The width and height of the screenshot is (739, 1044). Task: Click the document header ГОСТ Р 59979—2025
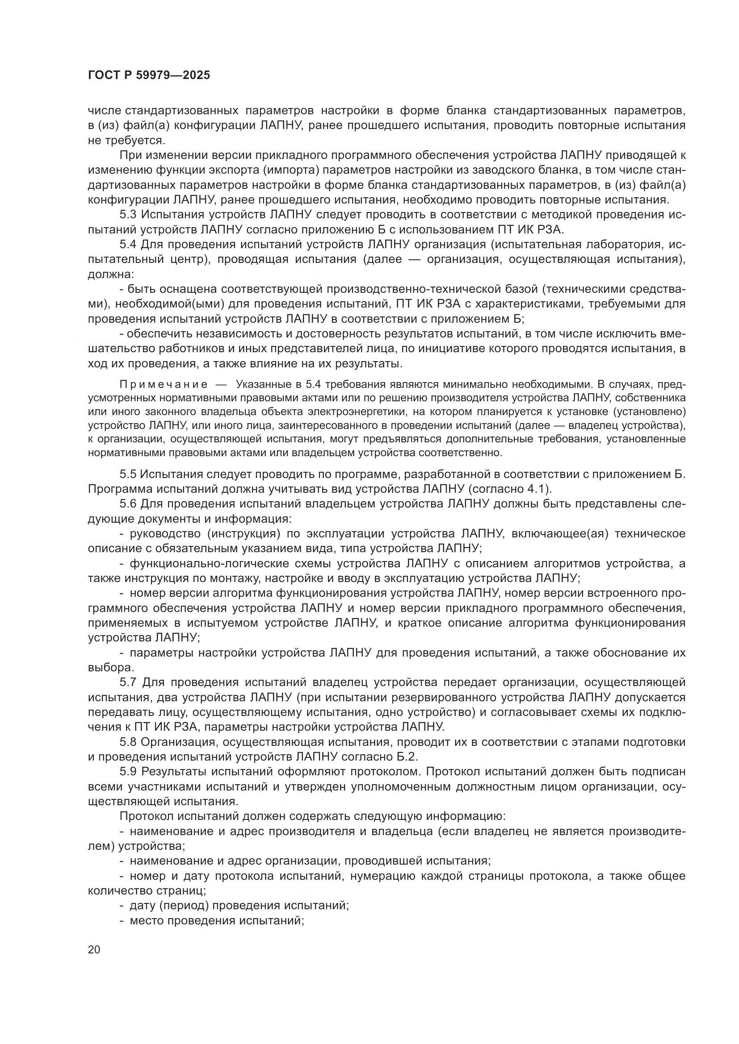click(x=149, y=75)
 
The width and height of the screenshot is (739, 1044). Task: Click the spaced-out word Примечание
click(x=164, y=385)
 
